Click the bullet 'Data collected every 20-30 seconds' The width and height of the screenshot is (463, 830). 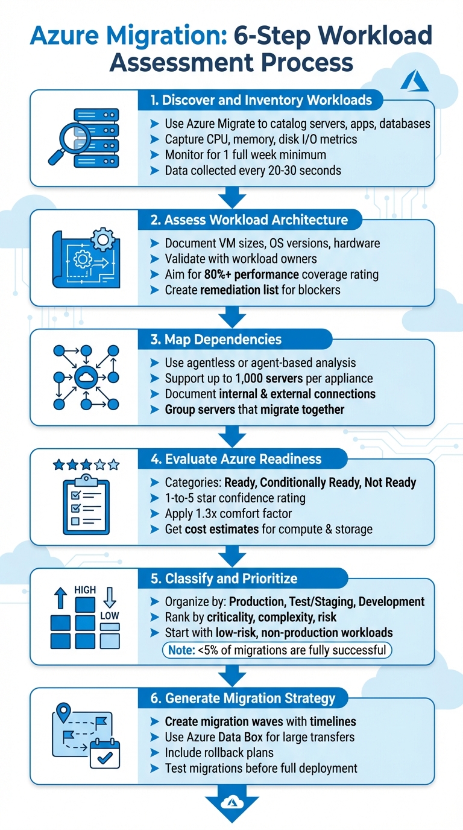click(x=253, y=171)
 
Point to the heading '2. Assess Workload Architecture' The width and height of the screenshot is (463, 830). click(x=249, y=220)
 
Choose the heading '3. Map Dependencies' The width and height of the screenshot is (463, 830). click(x=216, y=339)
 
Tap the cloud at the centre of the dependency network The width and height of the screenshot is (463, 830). click(x=86, y=378)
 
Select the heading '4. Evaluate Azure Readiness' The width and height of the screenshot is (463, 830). click(x=236, y=459)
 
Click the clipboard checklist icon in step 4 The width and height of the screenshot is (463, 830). click(x=86, y=506)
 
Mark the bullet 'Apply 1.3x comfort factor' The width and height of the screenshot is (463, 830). click(x=228, y=514)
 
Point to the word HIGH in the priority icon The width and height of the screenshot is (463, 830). click(x=84, y=590)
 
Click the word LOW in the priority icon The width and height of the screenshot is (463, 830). click(x=110, y=616)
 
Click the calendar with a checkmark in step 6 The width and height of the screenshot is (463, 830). click(x=105, y=754)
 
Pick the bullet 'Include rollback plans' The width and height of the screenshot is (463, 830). click(x=219, y=753)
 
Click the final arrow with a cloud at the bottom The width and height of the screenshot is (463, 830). click(x=232, y=803)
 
